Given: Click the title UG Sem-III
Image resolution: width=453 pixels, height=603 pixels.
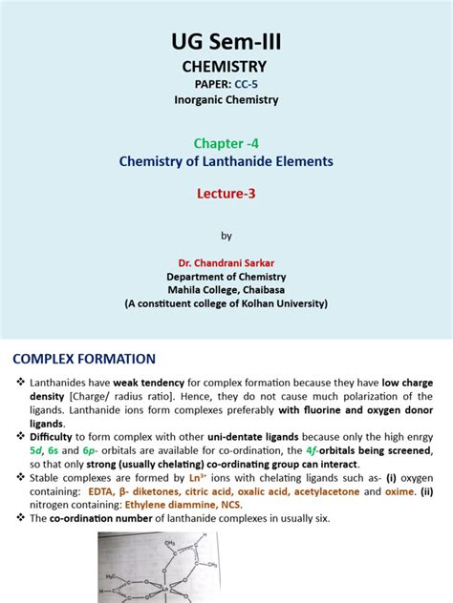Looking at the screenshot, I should tap(226, 42).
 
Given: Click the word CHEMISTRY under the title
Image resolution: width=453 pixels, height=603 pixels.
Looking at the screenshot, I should tap(226, 68).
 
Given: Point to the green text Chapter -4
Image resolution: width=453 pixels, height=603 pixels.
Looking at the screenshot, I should tap(226, 141).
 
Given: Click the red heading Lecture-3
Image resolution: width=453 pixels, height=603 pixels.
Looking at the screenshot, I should tap(226, 192).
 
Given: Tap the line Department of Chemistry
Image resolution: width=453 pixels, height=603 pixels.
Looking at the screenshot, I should tap(226, 276).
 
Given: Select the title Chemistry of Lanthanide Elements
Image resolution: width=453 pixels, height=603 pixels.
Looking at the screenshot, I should tap(226, 161).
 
